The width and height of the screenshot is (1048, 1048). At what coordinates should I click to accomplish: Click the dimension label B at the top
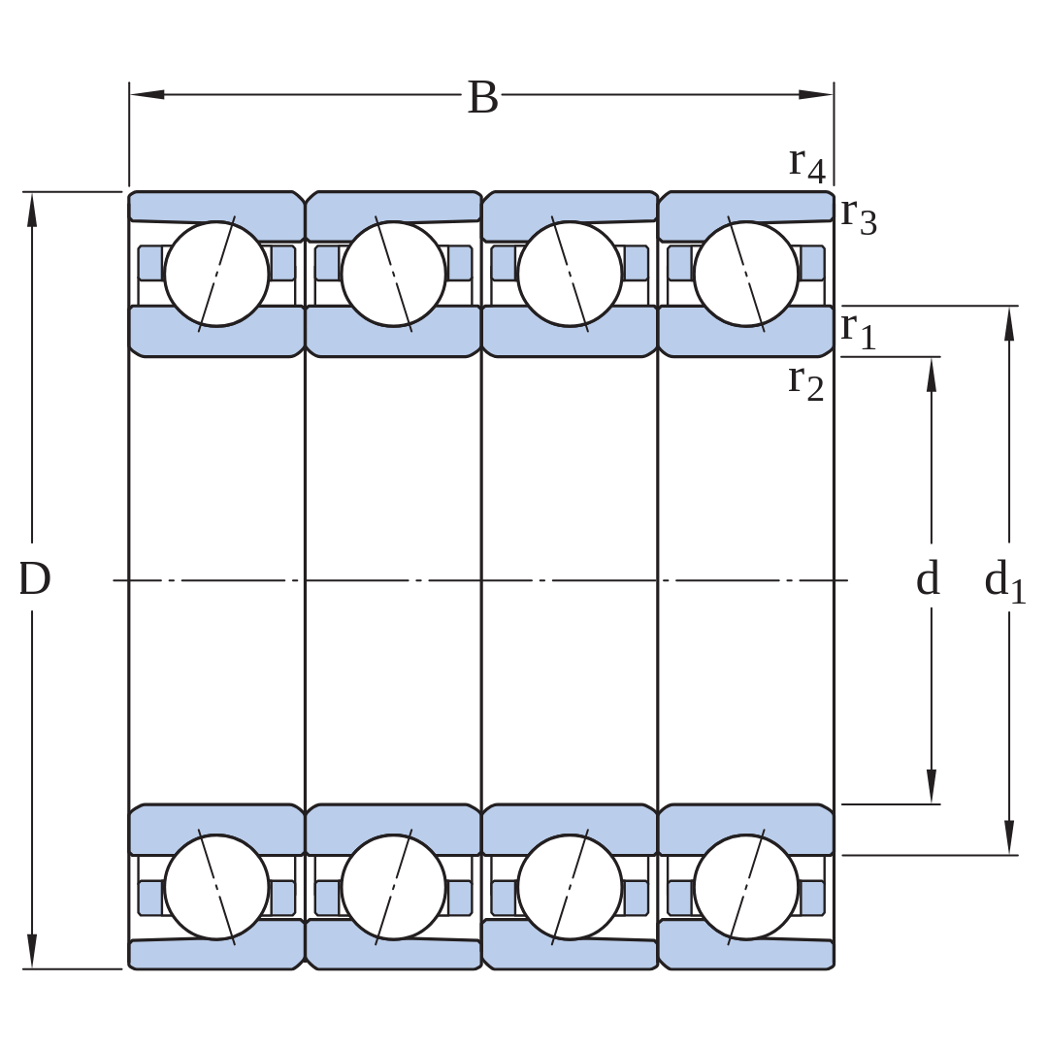coord(482,98)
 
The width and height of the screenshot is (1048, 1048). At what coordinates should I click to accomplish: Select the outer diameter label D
coord(34,578)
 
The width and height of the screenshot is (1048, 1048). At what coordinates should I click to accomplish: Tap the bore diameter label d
coord(928,577)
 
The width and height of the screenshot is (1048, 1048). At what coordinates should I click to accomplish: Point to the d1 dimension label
coord(1004,580)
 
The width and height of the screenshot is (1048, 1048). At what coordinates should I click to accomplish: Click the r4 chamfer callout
coord(807,164)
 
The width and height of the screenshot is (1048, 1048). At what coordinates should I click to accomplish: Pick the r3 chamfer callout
coord(859,216)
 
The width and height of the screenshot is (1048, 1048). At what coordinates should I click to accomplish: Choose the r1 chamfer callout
coord(859,330)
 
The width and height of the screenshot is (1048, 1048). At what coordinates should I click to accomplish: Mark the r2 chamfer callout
coord(806,383)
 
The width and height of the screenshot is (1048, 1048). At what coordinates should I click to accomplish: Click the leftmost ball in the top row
coord(216,274)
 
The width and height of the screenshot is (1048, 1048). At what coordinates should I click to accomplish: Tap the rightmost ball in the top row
coord(746,274)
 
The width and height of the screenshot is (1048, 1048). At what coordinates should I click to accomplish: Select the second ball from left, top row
coord(393,274)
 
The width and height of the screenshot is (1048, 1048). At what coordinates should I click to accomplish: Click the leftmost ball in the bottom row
coord(216,887)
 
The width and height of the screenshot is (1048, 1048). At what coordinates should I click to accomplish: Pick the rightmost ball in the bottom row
coord(746,887)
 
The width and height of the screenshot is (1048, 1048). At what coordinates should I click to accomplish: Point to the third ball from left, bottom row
coord(570,887)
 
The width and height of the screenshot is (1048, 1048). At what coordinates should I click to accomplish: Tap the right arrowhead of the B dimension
coord(816,94)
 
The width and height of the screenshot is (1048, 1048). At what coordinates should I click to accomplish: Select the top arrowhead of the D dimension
coord(32,210)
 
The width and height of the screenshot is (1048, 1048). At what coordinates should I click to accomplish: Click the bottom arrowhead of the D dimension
coord(32,951)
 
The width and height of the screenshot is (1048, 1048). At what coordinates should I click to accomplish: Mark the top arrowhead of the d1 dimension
coord(1009,323)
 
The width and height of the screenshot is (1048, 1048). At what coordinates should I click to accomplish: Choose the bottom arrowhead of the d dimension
coord(931,787)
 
